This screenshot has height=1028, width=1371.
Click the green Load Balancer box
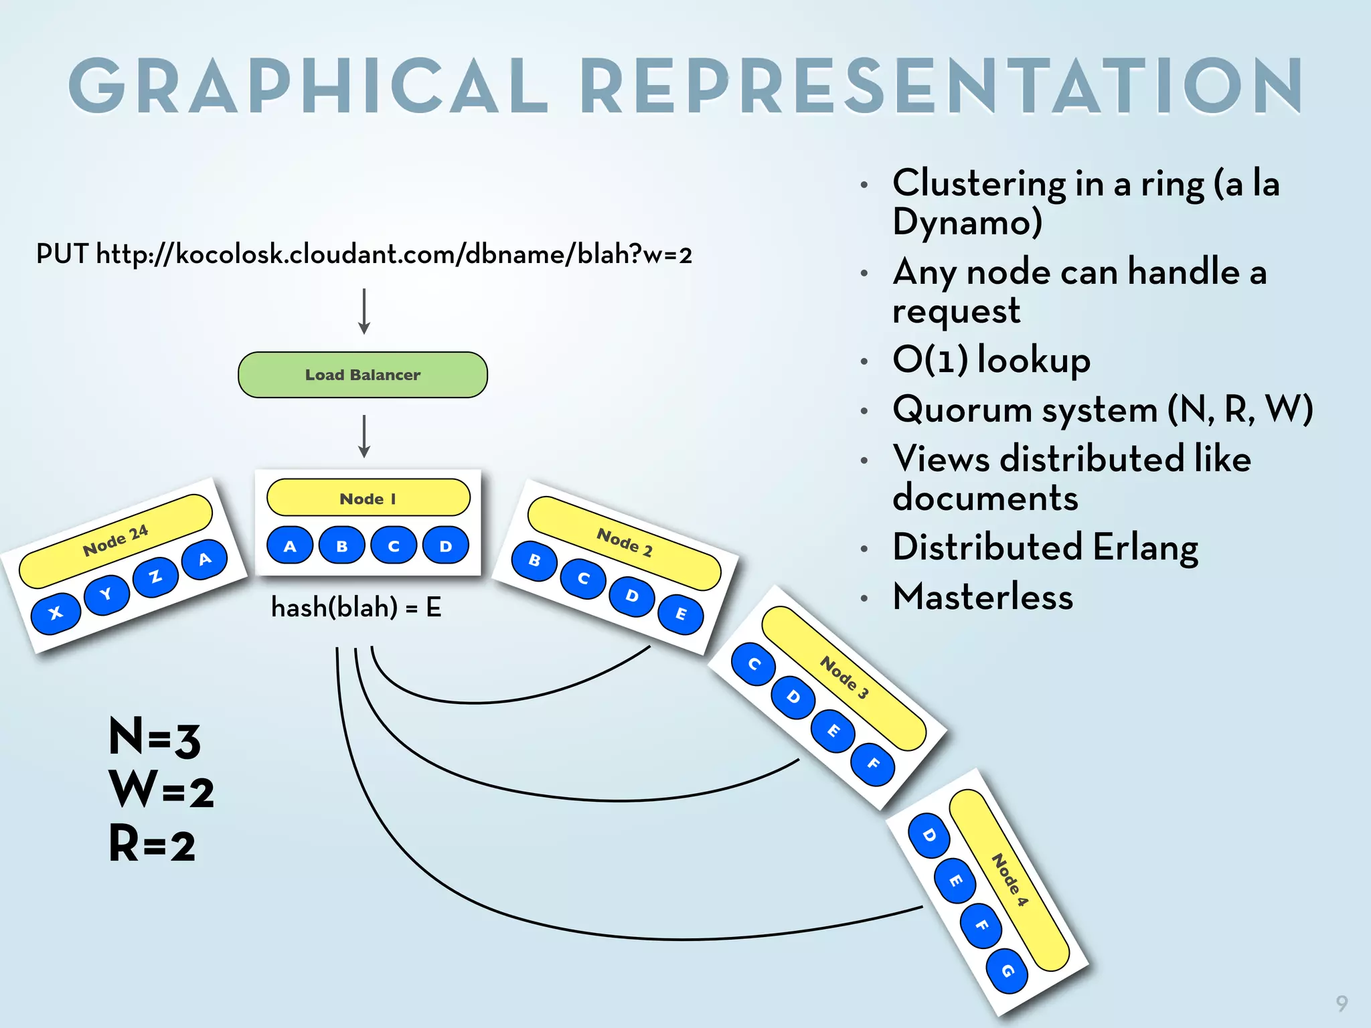point(362,375)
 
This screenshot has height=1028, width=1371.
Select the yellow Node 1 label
point(368,498)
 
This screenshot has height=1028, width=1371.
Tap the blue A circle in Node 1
point(290,545)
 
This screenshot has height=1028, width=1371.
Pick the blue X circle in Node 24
point(56,612)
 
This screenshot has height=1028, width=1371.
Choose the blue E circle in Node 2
point(681,614)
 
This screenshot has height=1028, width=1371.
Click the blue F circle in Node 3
point(872,764)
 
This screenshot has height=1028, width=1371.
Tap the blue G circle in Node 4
point(1007,970)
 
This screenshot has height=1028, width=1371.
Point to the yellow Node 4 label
point(1009,880)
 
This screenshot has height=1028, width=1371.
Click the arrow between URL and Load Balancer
point(364,311)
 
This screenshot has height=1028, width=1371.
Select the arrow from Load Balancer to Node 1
point(364,436)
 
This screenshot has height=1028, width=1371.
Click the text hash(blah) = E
point(355,608)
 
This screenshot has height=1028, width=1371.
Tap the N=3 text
point(155,738)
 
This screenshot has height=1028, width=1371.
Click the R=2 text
point(152,844)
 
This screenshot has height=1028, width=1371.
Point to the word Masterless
point(982,596)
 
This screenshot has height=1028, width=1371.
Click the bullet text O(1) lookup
point(991,360)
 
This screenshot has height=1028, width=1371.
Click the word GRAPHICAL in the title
point(308,86)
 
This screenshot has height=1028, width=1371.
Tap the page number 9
point(1342,1003)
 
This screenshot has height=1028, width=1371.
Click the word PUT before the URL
point(62,254)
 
